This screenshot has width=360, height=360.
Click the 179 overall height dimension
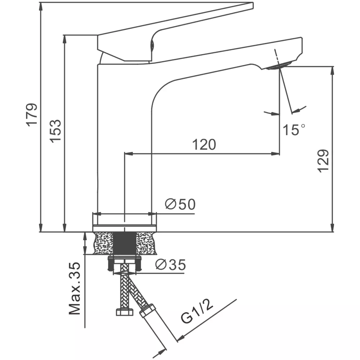click(x=32, y=115)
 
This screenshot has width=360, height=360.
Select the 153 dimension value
click(x=56, y=131)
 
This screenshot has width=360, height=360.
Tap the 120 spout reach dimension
click(x=204, y=144)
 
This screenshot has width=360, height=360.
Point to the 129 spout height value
click(x=323, y=161)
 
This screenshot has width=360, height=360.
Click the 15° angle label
click(x=294, y=130)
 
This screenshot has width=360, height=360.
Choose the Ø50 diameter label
click(x=180, y=204)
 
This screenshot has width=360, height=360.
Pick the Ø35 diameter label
click(x=171, y=265)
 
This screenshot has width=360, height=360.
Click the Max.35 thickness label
click(x=75, y=288)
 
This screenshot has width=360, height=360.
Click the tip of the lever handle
click(x=253, y=5)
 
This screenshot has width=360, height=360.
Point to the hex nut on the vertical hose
click(x=125, y=312)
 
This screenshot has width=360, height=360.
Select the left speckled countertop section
click(x=104, y=243)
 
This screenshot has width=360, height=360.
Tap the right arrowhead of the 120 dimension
click(x=275, y=154)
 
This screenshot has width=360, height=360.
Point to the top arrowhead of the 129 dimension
click(x=332, y=71)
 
